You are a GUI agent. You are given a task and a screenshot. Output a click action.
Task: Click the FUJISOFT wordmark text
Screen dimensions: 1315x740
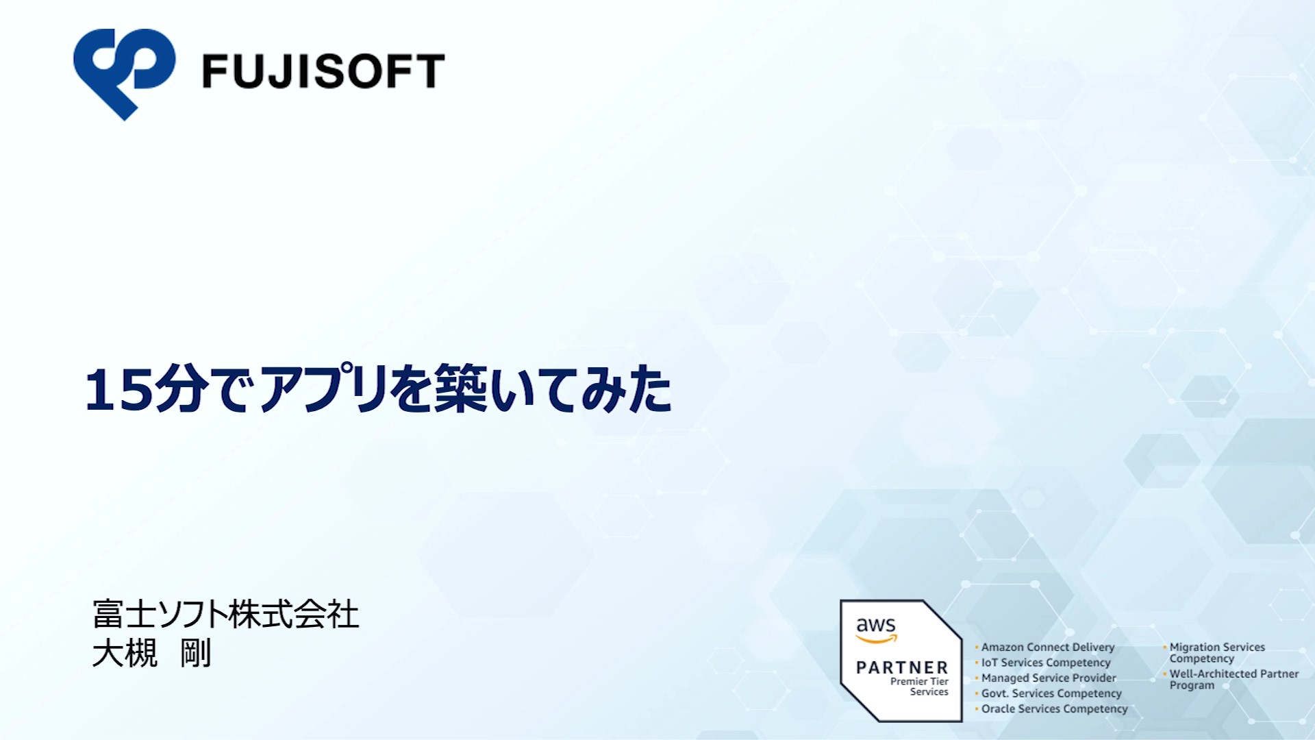(x=324, y=71)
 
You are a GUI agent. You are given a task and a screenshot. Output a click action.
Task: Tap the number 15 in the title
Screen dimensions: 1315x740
(x=118, y=389)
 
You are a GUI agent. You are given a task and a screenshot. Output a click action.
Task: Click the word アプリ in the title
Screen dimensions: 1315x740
(x=324, y=388)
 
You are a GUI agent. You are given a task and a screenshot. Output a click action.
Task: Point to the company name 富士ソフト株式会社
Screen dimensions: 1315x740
(x=225, y=614)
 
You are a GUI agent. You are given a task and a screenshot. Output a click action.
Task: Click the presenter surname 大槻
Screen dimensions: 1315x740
(x=125, y=653)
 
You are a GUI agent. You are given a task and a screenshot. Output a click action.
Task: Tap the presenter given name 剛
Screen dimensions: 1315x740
(x=196, y=653)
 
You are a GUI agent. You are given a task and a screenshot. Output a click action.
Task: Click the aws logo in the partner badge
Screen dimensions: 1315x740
(x=876, y=629)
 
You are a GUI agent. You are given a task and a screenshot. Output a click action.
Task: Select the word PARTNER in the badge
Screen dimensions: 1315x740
(x=902, y=667)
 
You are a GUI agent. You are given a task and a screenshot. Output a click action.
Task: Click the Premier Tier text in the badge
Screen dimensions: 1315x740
(x=919, y=681)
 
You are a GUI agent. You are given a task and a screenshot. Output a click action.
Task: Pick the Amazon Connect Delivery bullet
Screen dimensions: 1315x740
(x=1048, y=647)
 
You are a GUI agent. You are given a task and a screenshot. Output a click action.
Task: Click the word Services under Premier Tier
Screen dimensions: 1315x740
(x=929, y=692)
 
